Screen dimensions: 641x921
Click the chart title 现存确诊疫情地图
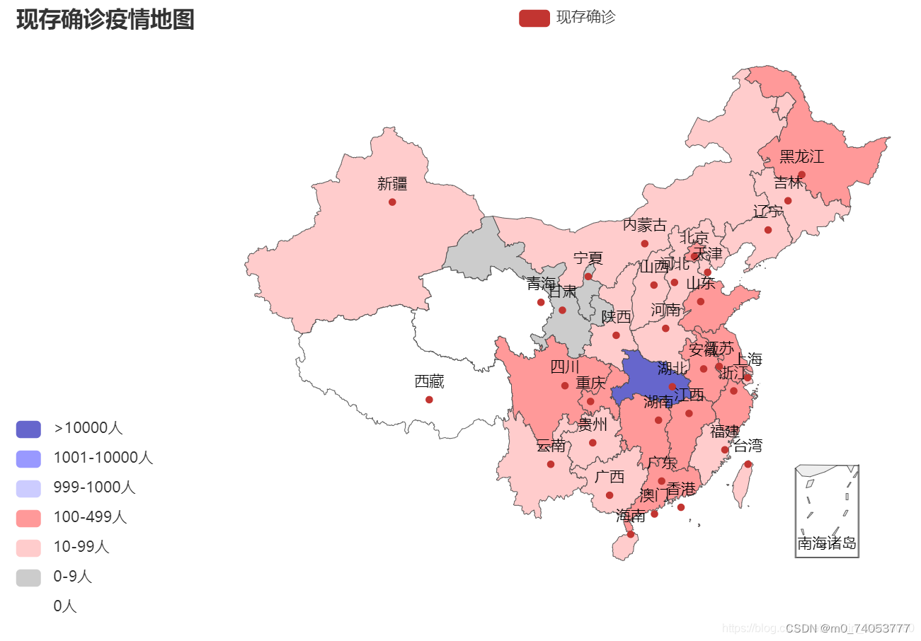click(105, 20)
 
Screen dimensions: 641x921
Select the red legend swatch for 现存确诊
click(534, 18)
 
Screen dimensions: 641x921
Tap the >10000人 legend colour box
click(28, 429)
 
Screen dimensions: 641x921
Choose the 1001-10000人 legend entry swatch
click(28, 458)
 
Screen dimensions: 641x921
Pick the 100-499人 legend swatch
click(28, 518)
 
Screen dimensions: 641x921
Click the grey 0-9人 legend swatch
click(28, 577)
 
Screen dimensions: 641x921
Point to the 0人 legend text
click(65, 606)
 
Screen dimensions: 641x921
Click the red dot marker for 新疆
click(392, 202)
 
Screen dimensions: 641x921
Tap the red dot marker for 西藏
click(429, 400)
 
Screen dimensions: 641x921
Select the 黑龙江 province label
click(802, 156)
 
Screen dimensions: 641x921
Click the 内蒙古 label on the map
click(644, 225)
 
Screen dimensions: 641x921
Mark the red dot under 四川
click(565, 386)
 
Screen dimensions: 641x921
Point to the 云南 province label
click(550, 445)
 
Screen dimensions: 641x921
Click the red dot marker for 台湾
click(748, 464)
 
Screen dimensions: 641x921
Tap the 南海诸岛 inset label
click(827, 543)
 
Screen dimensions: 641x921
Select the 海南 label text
click(630, 516)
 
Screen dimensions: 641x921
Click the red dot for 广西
click(610, 495)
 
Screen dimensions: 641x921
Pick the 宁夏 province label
click(588, 258)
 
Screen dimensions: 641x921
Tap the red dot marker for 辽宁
click(768, 230)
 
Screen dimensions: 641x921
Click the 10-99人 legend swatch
click(28, 548)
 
